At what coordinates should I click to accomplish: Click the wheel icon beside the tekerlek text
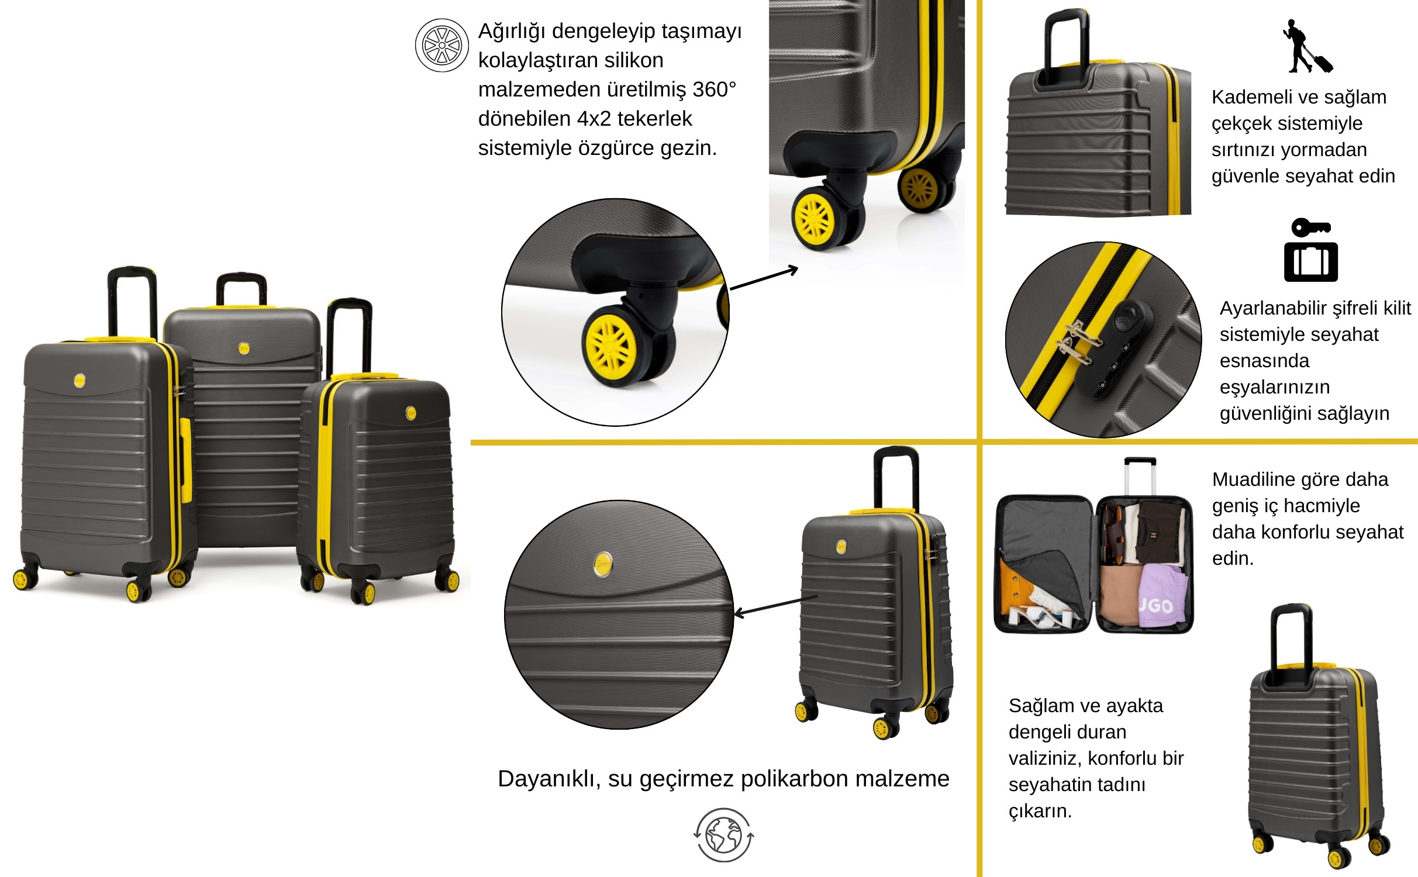tap(442, 45)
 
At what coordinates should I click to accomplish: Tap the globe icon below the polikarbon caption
tap(724, 835)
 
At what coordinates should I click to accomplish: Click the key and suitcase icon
tap(1311, 250)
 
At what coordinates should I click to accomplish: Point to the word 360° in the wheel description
tap(714, 89)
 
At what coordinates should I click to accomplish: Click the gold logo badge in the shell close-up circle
tap(603, 564)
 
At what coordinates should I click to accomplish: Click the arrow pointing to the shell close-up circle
tap(775, 606)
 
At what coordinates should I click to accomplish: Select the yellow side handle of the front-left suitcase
tap(185, 460)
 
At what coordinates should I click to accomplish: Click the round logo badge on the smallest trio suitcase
tap(410, 413)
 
